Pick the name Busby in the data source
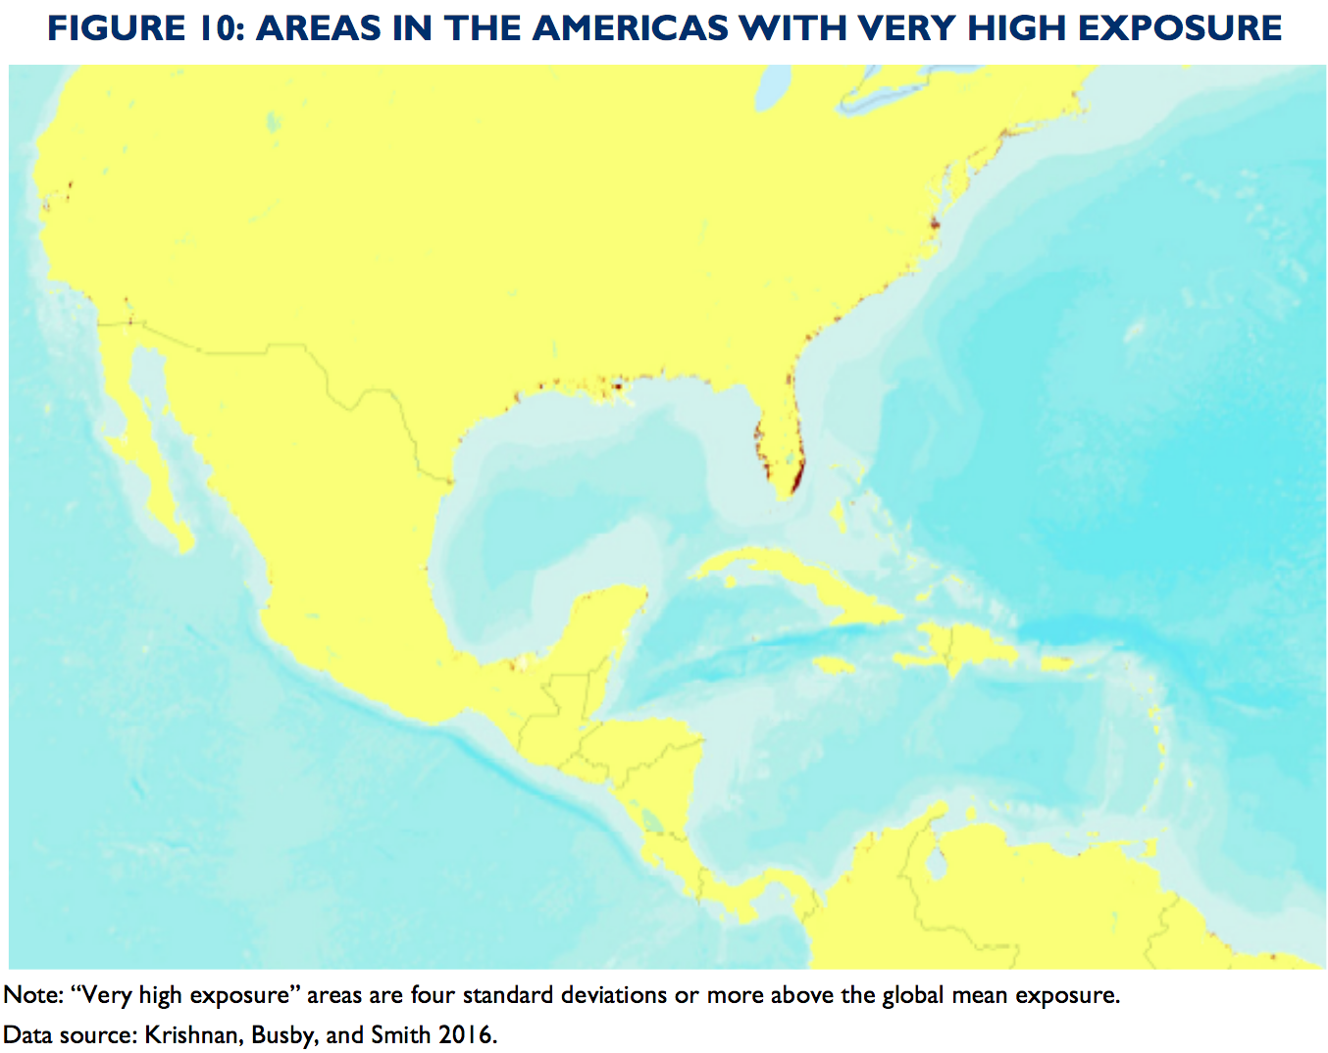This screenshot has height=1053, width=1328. tap(284, 1034)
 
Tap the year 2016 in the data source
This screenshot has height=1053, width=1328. tap(465, 1034)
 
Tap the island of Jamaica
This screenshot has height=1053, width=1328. tap(834, 666)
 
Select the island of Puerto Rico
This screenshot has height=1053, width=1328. tap(1056, 664)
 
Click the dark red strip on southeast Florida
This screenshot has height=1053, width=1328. tap(796, 478)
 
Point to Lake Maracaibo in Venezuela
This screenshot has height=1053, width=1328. tap(937, 863)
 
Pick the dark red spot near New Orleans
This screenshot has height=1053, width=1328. tap(617, 385)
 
